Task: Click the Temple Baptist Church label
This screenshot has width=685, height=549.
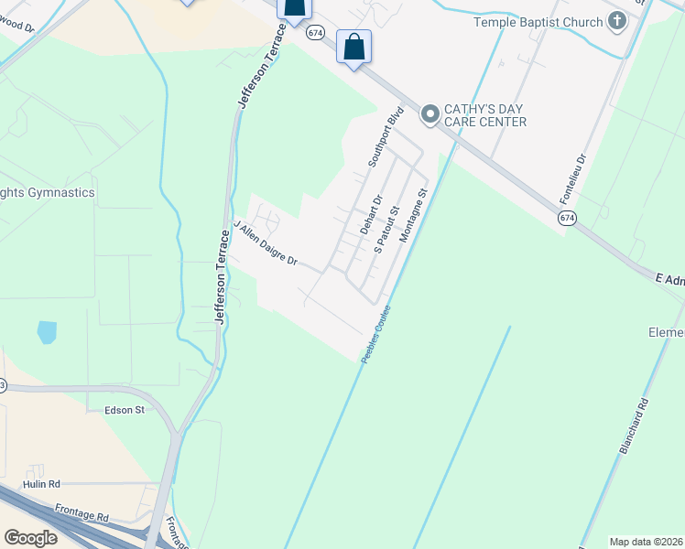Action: click(537, 21)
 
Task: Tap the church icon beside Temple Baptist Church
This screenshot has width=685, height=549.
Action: click(616, 20)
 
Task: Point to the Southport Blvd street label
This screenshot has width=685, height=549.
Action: click(386, 138)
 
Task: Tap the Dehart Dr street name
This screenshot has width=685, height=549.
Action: click(371, 214)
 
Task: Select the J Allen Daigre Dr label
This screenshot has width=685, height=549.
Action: click(266, 243)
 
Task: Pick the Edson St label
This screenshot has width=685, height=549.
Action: click(125, 410)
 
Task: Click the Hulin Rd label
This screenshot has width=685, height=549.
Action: click(42, 484)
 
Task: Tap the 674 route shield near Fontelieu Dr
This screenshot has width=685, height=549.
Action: click(567, 218)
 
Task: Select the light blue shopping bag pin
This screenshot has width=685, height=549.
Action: click(353, 47)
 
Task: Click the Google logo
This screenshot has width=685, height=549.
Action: click(30, 538)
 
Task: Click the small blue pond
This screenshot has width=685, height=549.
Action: click(47, 332)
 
